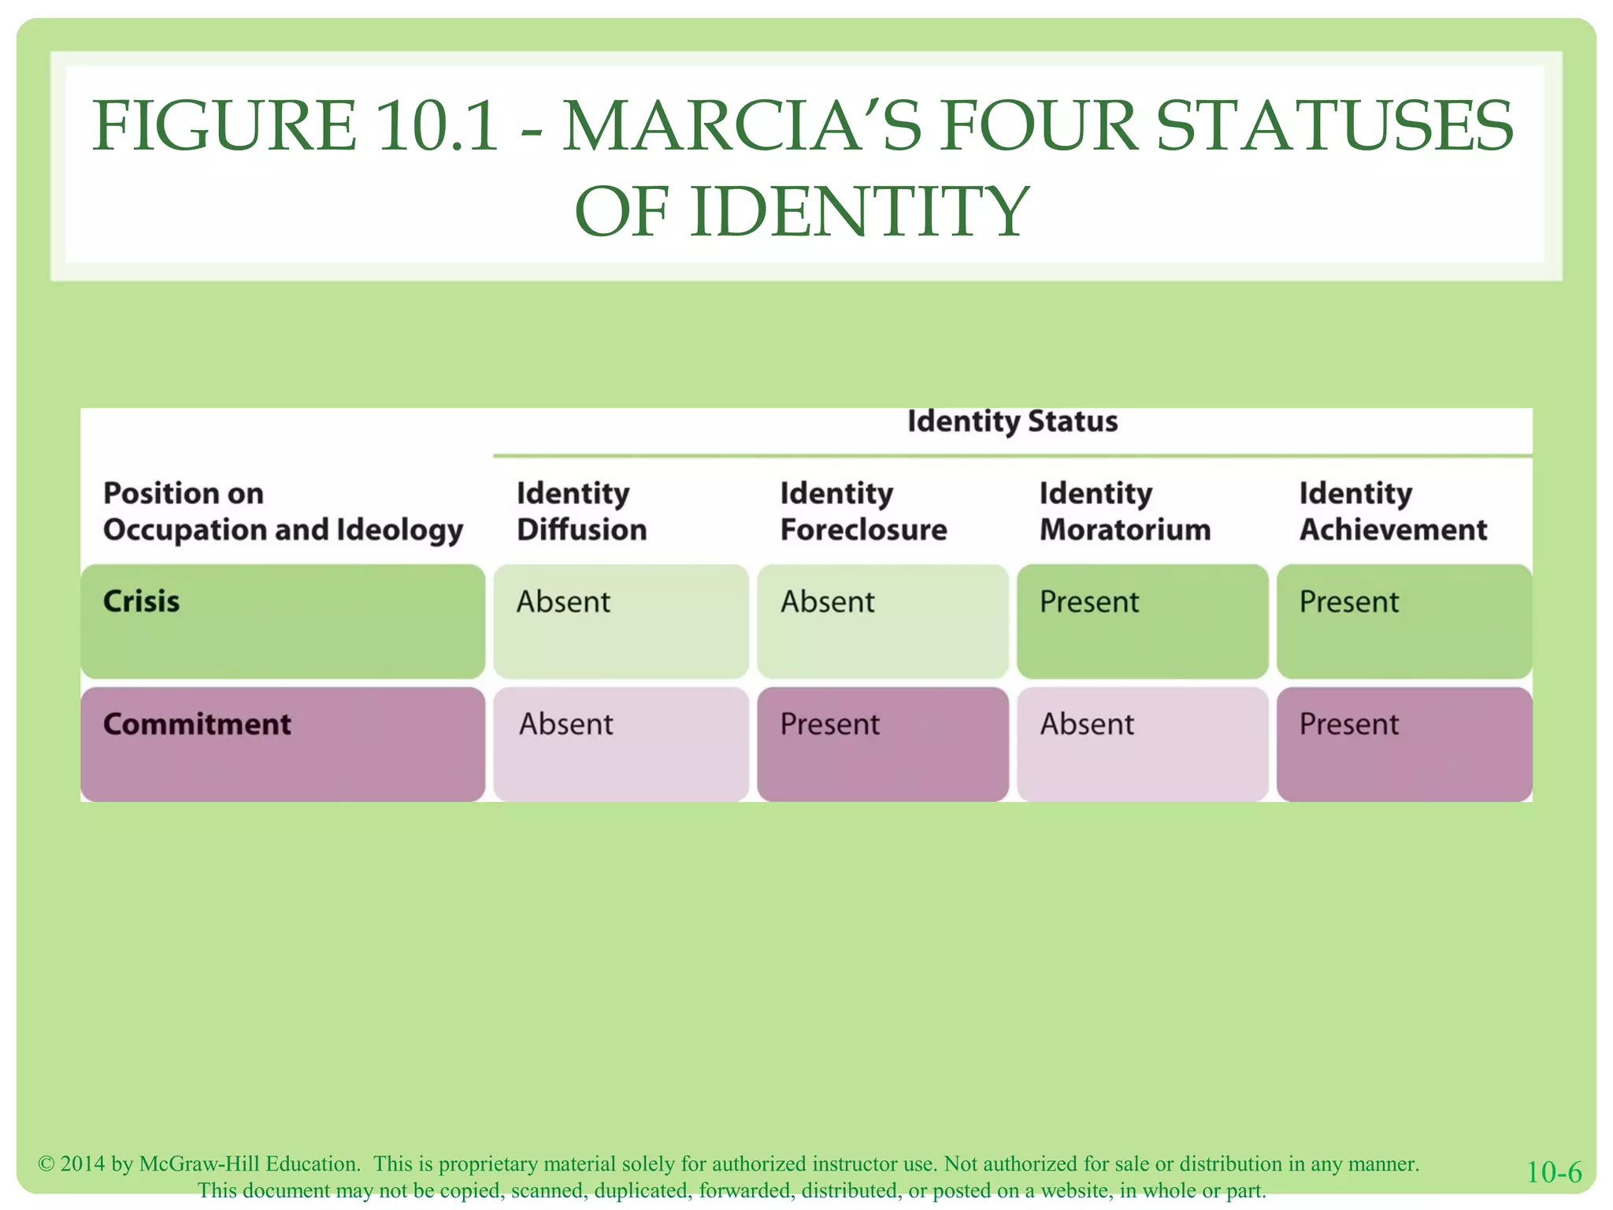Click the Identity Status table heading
click(x=1012, y=421)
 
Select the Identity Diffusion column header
click(x=581, y=511)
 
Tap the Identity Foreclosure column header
click(x=863, y=511)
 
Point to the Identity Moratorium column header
click(x=1125, y=511)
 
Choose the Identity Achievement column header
click(x=1392, y=511)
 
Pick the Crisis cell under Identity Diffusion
click(x=621, y=621)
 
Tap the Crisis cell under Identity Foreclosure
click(x=882, y=621)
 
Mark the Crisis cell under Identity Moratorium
click(x=1142, y=621)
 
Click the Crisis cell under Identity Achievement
click(x=1403, y=621)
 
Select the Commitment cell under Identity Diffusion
click(x=621, y=744)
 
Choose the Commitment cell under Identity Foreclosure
click(x=882, y=744)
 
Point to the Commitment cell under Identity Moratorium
click(x=1142, y=744)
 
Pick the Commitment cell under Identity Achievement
click(x=1403, y=744)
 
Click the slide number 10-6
click(x=1554, y=1172)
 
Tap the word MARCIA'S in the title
click(x=741, y=126)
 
